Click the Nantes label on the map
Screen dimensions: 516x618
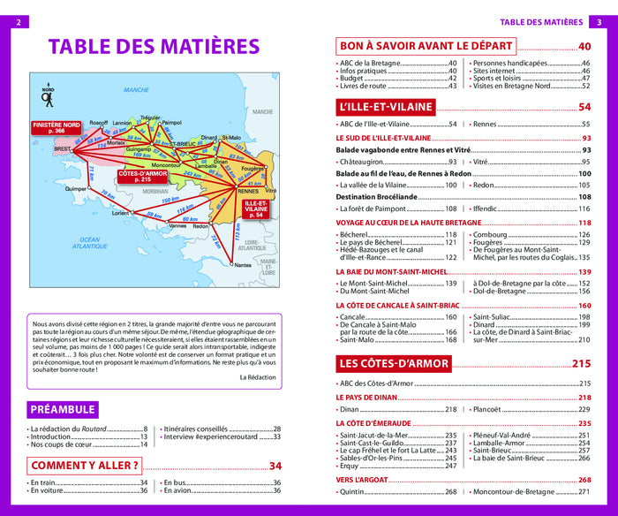243,264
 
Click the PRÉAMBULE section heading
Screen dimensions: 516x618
63,410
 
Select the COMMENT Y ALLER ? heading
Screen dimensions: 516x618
86,466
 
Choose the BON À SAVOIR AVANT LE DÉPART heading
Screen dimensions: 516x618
426,47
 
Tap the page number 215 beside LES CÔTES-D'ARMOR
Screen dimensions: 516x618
581,364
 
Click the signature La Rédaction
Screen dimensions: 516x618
258,376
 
